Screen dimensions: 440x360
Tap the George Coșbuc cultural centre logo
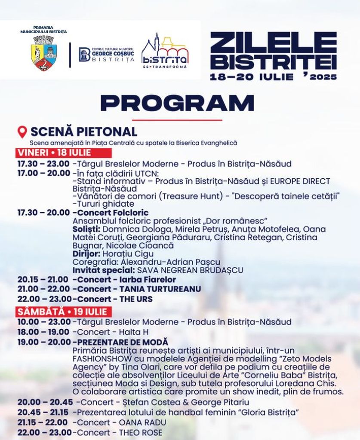106,55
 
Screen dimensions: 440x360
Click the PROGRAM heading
177,103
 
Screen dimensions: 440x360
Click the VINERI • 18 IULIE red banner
64,153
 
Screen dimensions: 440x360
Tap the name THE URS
136,299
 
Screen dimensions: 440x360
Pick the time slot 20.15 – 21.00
43,280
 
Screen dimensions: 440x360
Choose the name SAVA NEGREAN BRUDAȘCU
190,270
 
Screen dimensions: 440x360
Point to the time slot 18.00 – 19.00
43,332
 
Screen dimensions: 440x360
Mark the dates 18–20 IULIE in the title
252,77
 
